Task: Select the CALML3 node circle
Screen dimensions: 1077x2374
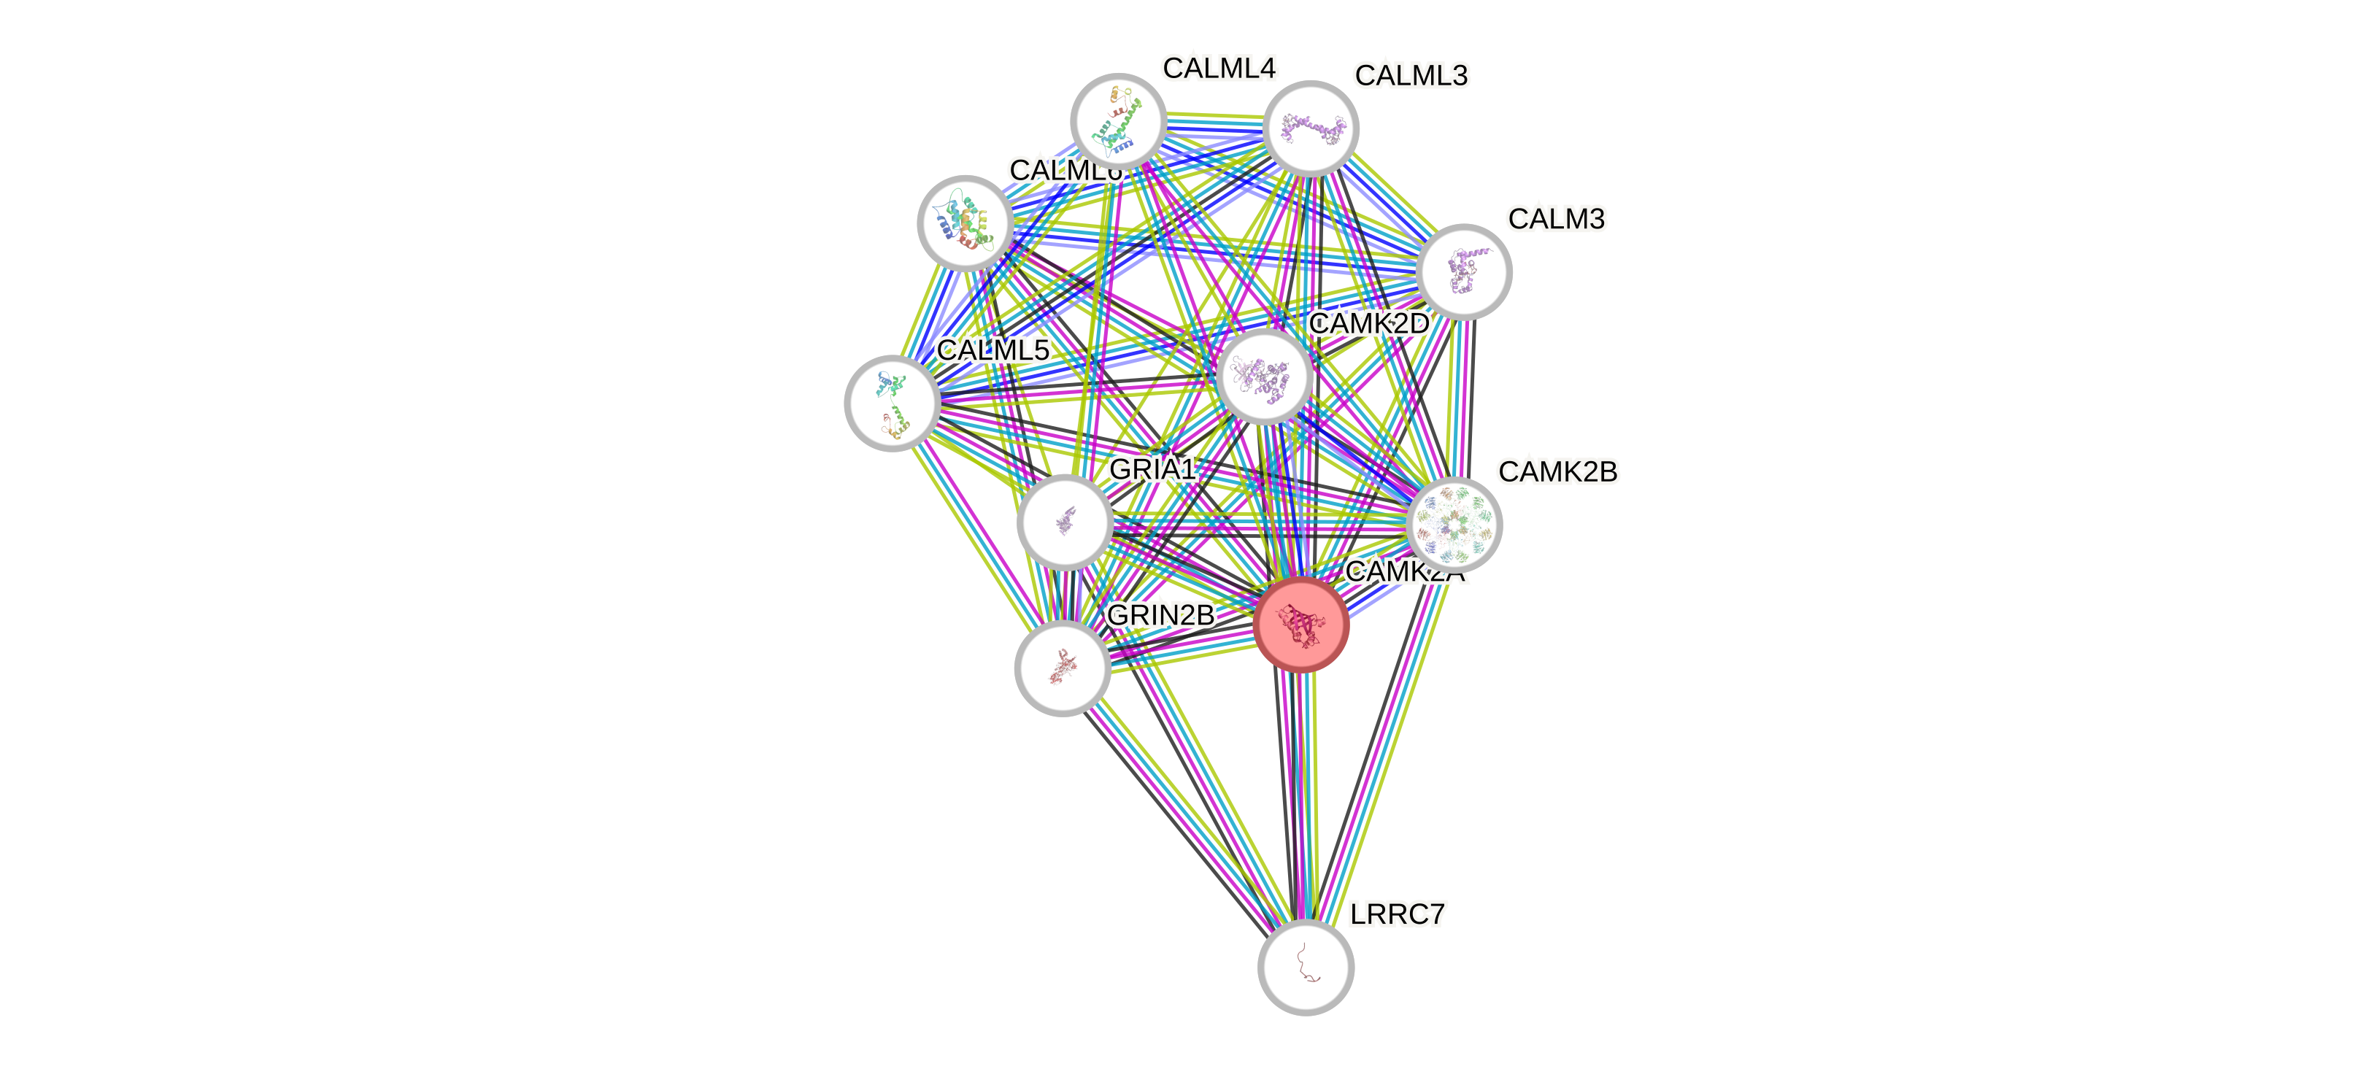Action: pyautogui.click(x=1309, y=129)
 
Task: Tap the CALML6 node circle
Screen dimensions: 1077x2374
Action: pyautogui.click(x=965, y=222)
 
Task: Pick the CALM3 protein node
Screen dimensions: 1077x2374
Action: pyautogui.click(x=1462, y=271)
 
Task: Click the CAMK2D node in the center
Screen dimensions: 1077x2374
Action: pyautogui.click(x=1265, y=376)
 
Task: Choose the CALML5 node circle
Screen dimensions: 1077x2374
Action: pyautogui.click(x=892, y=403)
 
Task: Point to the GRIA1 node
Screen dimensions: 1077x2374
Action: pyautogui.click(x=1065, y=522)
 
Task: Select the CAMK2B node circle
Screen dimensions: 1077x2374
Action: pyautogui.click(x=1454, y=524)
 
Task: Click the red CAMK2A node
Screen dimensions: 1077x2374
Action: pyautogui.click(x=1301, y=625)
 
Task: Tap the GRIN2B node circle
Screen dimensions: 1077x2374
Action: pyautogui.click(x=1062, y=667)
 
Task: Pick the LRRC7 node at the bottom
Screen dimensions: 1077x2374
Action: pyautogui.click(x=1305, y=966)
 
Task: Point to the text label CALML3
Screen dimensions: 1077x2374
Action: pyautogui.click(x=1411, y=74)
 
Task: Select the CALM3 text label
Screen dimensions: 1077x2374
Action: pyautogui.click(x=1556, y=220)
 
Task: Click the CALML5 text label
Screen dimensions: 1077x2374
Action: pyautogui.click(x=993, y=350)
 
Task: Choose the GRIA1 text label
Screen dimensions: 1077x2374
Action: pyautogui.click(x=1152, y=469)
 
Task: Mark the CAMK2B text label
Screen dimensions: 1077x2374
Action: pyautogui.click(x=1557, y=471)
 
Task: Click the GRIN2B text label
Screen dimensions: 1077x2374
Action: pyautogui.click(x=1160, y=614)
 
